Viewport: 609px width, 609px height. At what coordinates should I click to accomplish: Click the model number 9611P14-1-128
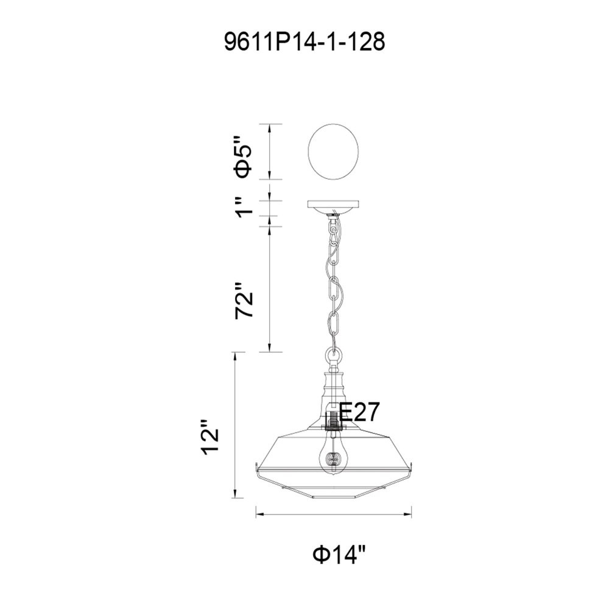[304, 41]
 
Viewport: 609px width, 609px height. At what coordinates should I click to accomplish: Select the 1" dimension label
[245, 208]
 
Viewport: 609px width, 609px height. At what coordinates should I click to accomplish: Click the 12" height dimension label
[209, 437]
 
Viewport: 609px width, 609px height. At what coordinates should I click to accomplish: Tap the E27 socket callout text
[359, 412]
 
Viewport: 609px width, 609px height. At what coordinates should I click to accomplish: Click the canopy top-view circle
[333, 152]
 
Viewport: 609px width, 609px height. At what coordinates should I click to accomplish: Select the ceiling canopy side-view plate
[333, 204]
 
